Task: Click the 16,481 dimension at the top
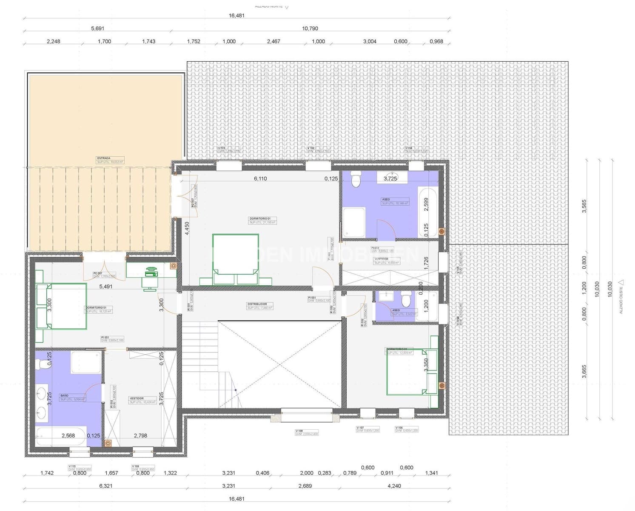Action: coord(236,16)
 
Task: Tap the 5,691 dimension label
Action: coord(97,29)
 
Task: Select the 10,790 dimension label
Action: coord(310,29)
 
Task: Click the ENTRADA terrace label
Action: coord(103,158)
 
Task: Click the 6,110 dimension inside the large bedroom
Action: coord(260,179)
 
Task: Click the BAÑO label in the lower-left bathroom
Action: coord(64,396)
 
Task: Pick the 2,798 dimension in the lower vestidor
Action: coord(140,436)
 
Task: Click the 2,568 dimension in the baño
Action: coord(68,436)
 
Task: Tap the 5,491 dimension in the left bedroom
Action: coord(105,287)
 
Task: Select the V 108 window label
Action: coord(299,431)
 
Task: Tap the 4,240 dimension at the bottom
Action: coord(394,486)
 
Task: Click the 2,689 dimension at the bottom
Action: coord(305,486)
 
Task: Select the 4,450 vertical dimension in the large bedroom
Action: coord(187,229)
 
